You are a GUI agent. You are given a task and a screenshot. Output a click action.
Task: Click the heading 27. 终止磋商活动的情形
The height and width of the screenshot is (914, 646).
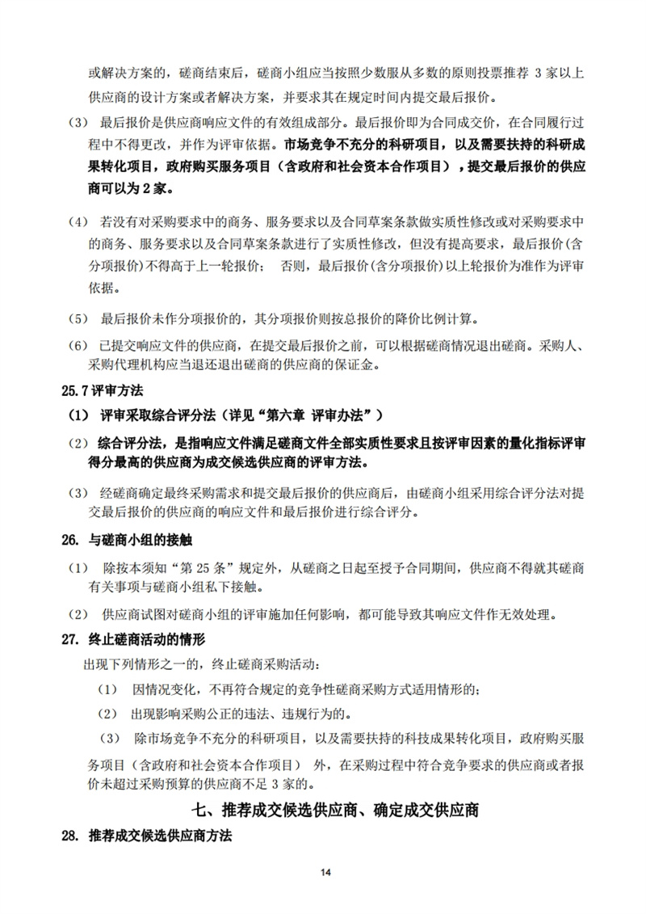[134, 638]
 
